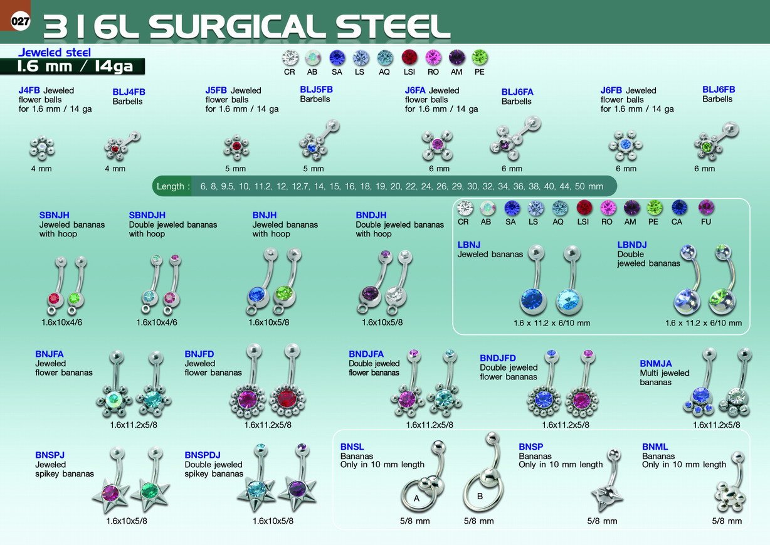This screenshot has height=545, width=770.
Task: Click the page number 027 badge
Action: [x=20, y=21]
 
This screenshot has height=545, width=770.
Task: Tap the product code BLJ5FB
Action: [x=316, y=90]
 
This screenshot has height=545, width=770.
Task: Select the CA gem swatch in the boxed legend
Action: [x=679, y=208]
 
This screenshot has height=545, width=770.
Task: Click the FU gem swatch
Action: [x=706, y=208]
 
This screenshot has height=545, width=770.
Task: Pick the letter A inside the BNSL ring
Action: [x=416, y=498]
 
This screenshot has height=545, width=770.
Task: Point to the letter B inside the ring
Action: [x=480, y=496]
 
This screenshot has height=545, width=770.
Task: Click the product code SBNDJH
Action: [x=147, y=215]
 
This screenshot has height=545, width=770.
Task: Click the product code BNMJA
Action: [x=655, y=364]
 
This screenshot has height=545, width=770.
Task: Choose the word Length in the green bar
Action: [x=171, y=186]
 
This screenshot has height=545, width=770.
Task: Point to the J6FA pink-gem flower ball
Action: [x=437, y=145]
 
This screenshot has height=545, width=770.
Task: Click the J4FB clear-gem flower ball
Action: [x=42, y=148]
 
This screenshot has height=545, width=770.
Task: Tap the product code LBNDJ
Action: [x=632, y=245]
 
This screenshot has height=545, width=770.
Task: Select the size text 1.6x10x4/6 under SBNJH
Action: [x=62, y=322]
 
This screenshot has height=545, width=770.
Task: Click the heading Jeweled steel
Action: [x=55, y=52]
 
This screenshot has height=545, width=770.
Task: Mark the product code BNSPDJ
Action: [x=203, y=455]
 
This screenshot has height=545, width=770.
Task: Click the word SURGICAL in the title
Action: [x=238, y=27]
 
